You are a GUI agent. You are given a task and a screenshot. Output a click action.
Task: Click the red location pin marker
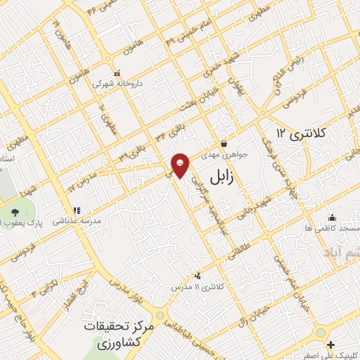click(x=181, y=165)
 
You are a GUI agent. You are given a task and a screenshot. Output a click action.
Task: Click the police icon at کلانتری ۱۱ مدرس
click(x=198, y=276)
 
